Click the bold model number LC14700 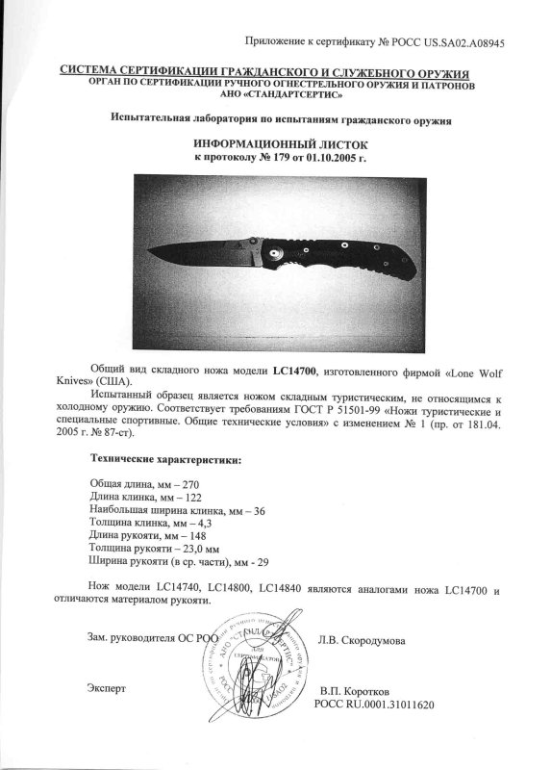coord(294,371)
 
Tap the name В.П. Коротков coord(355,692)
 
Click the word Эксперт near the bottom coord(106,689)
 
